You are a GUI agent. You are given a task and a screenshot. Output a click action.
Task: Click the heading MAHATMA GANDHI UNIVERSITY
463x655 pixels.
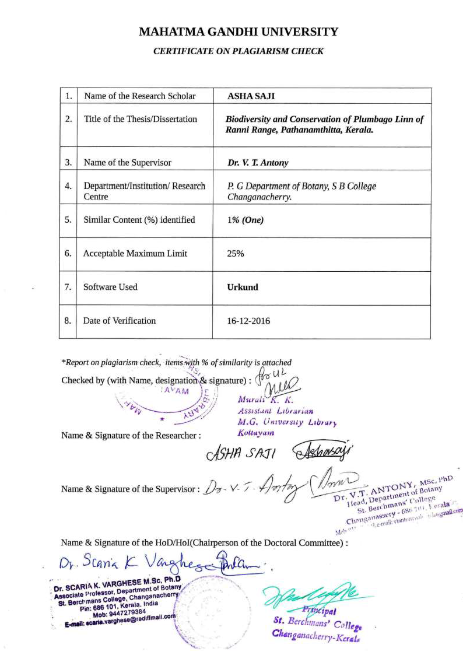click(x=238, y=32)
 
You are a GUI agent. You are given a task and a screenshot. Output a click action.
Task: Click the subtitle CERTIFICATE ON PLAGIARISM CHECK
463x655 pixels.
click(x=238, y=51)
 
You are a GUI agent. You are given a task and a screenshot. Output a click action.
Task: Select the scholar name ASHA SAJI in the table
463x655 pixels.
click(x=247, y=96)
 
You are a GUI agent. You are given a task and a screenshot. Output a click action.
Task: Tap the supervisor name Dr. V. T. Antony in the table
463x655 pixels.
click(x=258, y=163)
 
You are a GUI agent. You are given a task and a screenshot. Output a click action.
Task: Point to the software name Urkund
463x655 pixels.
click(x=243, y=287)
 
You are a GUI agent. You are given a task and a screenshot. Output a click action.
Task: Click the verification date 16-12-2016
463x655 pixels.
click(x=248, y=321)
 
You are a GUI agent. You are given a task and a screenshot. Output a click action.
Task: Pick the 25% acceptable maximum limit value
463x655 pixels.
click(x=236, y=254)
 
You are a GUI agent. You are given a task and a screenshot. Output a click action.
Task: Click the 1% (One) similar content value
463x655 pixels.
click(x=245, y=220)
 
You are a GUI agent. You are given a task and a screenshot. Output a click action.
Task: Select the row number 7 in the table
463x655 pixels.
click(x=68, y=287)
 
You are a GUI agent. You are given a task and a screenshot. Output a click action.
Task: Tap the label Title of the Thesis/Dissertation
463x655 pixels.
click(x=141, y=119)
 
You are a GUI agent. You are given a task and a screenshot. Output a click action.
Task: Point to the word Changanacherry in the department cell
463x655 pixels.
click(x=259, y=197)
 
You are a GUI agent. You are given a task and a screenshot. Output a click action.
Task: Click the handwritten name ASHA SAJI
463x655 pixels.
click(x=241, y=453)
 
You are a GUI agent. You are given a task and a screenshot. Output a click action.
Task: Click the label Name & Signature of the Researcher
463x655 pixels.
click(x=131, y=435)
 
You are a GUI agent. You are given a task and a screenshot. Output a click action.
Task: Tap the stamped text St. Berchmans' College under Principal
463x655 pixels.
click(x=318, y=624)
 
